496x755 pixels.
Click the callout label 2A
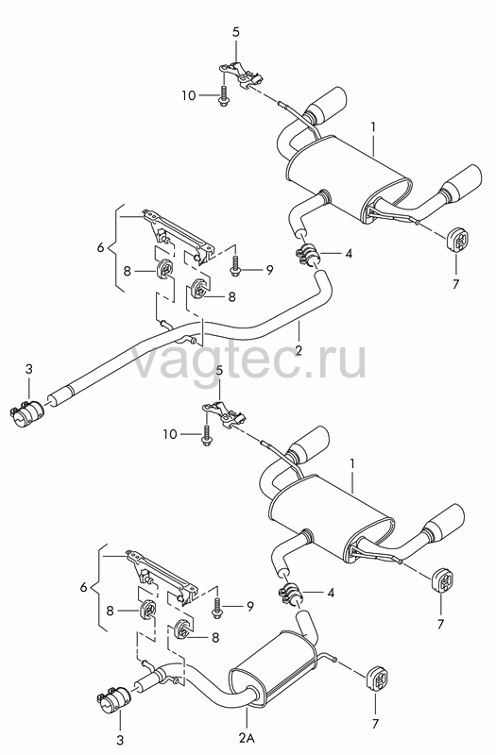(248, 737)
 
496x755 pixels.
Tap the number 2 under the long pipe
(299, 350)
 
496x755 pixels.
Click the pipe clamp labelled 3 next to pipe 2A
(114, 702)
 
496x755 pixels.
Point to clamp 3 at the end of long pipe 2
(26, 411)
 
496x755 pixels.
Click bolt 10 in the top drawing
(223, 96)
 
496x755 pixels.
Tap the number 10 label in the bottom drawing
(170, 434)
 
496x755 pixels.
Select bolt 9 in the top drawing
(235, 266)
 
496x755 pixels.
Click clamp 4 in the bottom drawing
(290, 593)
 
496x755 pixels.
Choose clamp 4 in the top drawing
(307, 254)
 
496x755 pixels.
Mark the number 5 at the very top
(235, 32)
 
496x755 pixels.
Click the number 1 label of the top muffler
(372, 127)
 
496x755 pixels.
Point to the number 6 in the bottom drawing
(84, 588)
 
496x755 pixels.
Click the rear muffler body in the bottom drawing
(333, 516)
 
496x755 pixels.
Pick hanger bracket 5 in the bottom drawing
(224, 413)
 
